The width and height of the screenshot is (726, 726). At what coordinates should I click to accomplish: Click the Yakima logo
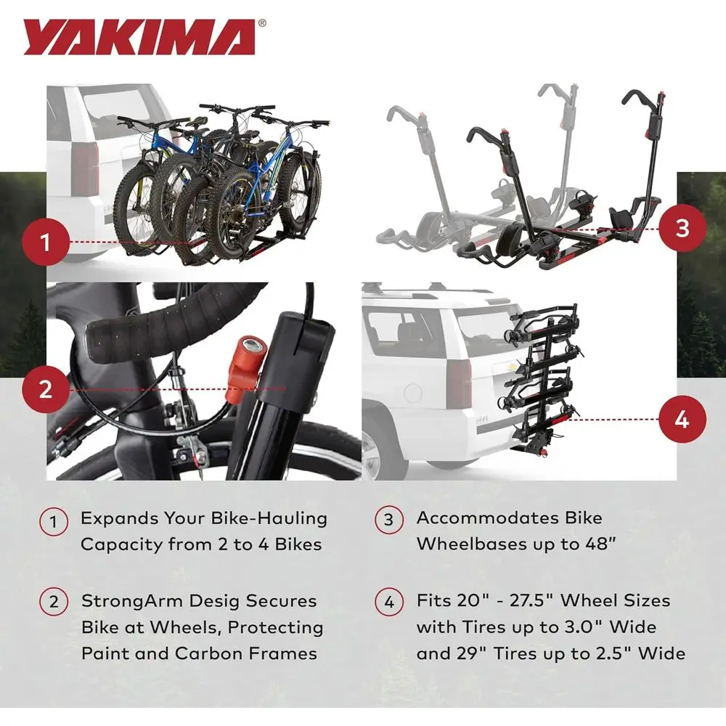[139, 38]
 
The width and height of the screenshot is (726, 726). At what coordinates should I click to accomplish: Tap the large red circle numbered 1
[45, 242]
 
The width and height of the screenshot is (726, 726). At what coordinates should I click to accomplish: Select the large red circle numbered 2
[45, 389]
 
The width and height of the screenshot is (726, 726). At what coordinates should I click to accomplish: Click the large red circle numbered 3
[682, 228]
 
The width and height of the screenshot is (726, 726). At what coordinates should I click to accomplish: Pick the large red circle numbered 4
[682, 420]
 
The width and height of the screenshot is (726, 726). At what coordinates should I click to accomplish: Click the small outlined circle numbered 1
[54, 521]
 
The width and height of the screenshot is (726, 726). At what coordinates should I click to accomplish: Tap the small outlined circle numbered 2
[54, 601]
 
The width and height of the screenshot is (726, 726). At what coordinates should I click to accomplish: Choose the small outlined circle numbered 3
[389, 520]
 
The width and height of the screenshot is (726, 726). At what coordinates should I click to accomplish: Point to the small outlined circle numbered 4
[389, 601]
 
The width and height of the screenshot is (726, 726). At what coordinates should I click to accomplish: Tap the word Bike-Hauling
[269, 518]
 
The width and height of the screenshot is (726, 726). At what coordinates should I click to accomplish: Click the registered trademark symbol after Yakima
[262, 23]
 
